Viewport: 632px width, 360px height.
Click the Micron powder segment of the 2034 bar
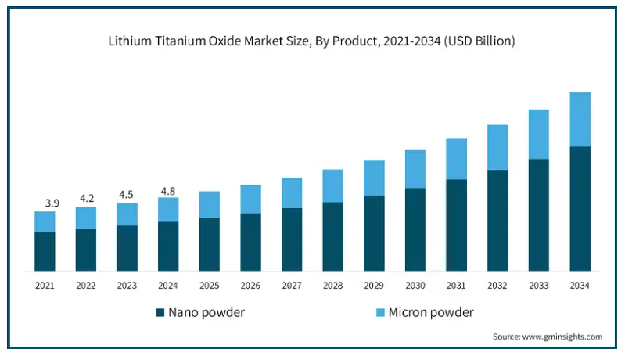click(x=580, y=119)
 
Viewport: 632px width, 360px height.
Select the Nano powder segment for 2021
click(x=45, y=251)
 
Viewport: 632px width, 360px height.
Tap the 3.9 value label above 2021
click(x=52, y=203)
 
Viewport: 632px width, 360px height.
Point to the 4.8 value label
click(x=168, y=189)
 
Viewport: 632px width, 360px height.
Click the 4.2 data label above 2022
click(x=86, y=198)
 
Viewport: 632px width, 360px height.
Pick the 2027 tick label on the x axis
click(x=292, y=286)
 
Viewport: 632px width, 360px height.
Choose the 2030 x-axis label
click(x=415, y=286)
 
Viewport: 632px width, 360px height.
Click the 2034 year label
click(x=580, y=286)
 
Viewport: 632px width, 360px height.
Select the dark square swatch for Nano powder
click(x=160, y=312)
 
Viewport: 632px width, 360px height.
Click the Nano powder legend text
click(x=206, y=312)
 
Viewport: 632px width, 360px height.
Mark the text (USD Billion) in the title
click(x=479, y=41)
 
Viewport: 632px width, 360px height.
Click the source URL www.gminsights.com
click(x=564, y=337)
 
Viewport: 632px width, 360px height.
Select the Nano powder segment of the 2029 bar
click(x=374, y=233)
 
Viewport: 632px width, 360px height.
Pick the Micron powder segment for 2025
click(x=210, y=204)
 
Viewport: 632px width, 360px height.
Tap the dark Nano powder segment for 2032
click(x=497, y=220)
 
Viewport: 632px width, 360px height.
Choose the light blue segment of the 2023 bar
click(x=127, y=214)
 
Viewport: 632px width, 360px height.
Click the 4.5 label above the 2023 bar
click(x=127, y=195)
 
